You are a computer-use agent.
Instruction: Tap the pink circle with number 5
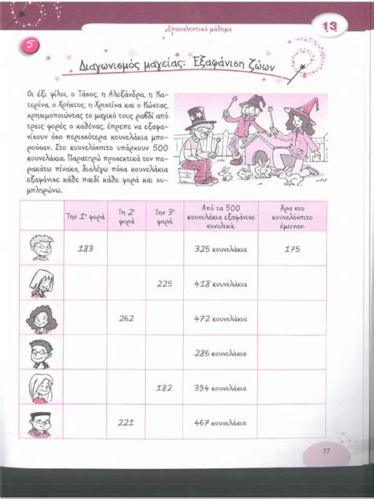28,45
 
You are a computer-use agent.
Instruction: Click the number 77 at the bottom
327,451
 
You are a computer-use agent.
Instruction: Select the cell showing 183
86,249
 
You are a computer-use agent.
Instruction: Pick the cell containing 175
292,249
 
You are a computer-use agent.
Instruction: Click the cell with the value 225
164,283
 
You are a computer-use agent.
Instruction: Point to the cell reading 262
125,318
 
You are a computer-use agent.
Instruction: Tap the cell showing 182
164,388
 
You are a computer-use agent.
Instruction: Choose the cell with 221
125,422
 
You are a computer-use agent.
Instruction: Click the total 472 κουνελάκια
220,318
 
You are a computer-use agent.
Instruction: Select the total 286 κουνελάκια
220,353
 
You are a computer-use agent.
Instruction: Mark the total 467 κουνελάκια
220,422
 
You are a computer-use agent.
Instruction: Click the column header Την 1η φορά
85,214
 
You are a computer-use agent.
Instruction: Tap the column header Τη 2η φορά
125,216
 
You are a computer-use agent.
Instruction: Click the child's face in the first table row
40,247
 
